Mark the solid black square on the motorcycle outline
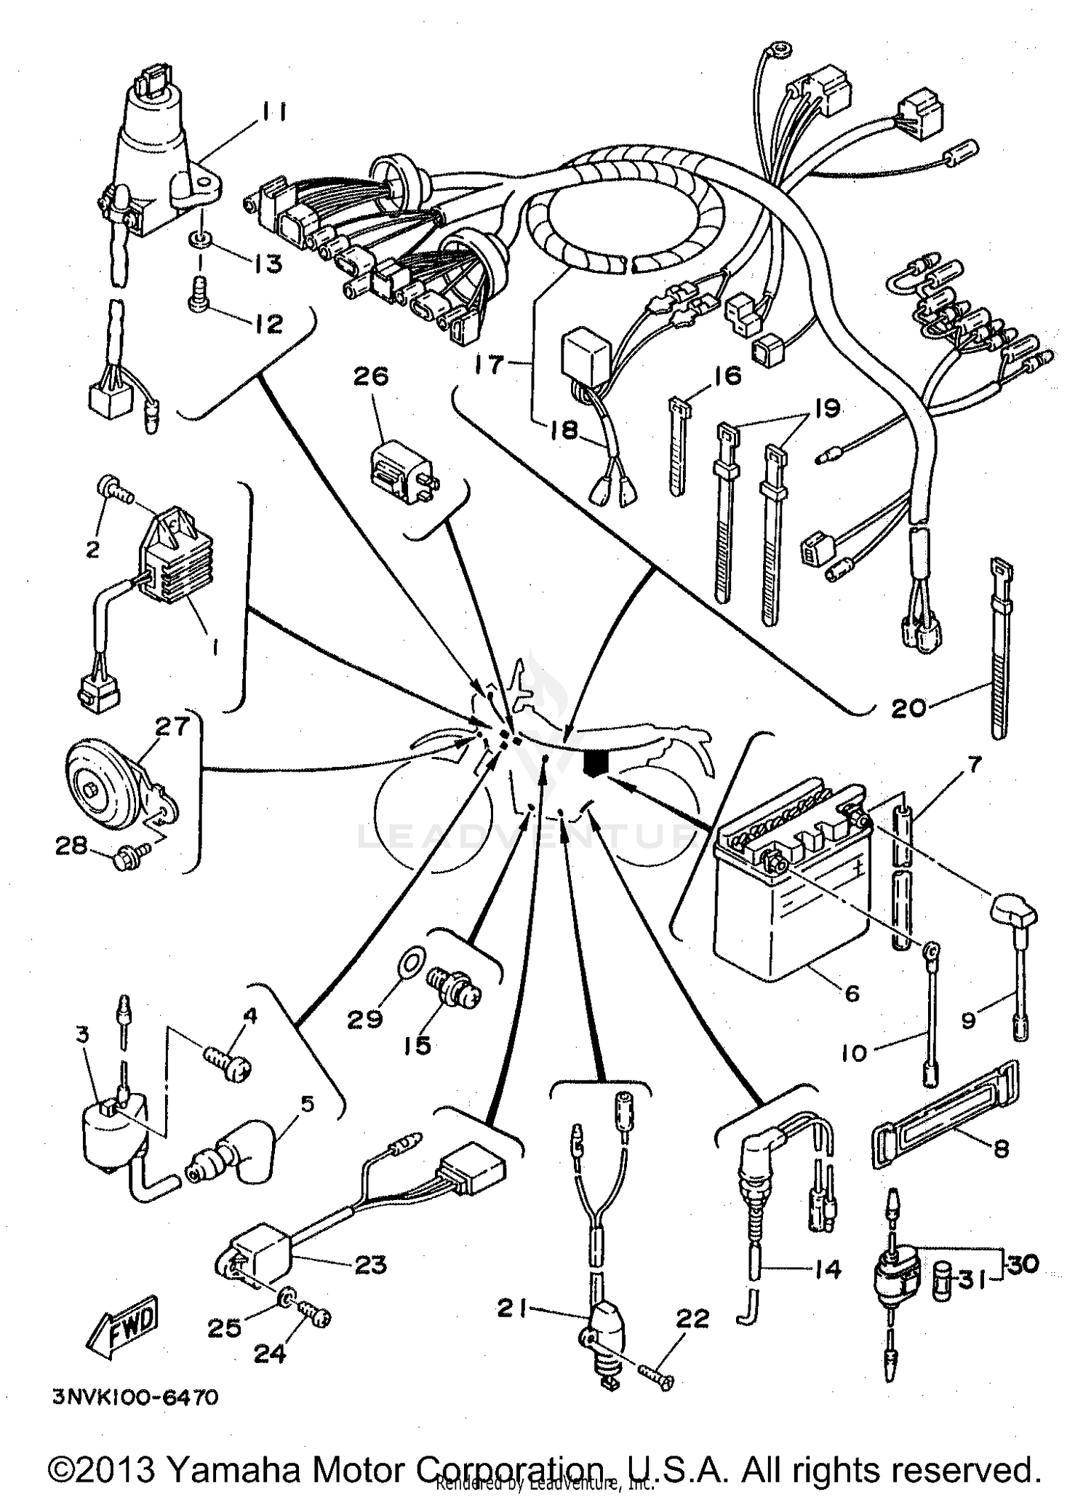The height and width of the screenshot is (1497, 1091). (x=596, y=763)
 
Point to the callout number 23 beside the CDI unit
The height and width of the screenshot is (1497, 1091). (x=371, y=1265)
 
